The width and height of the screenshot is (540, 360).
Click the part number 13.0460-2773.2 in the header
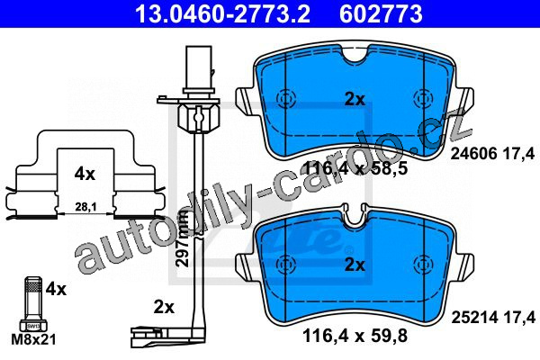point(222,13)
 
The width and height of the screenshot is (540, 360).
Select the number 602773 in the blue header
point(381,13)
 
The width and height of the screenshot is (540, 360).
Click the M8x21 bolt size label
point(33,340)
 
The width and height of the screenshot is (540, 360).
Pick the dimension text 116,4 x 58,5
point(355,169)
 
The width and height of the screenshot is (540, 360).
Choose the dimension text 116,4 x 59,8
point(355,336)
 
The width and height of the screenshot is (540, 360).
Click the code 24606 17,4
point(493,153)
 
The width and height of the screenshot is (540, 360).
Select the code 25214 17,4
point(493,318)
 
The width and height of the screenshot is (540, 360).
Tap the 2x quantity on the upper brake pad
point(355,100)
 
